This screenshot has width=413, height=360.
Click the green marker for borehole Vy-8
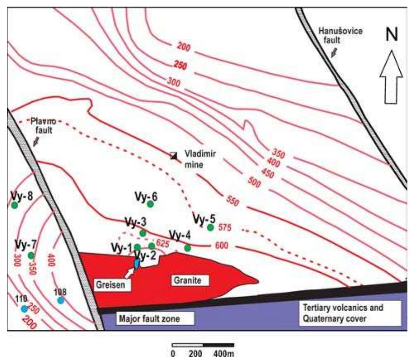14,205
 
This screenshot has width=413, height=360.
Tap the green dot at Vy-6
150,204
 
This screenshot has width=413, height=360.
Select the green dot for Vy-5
210,227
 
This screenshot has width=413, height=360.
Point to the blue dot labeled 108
61,300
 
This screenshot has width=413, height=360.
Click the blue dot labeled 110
24,308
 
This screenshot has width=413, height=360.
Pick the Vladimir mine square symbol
174,155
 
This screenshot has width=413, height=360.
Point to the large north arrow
392,79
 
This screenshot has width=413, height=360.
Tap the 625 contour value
162,244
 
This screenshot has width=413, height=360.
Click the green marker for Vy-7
31,255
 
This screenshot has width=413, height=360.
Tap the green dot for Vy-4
187,248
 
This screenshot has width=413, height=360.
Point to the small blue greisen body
136,263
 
